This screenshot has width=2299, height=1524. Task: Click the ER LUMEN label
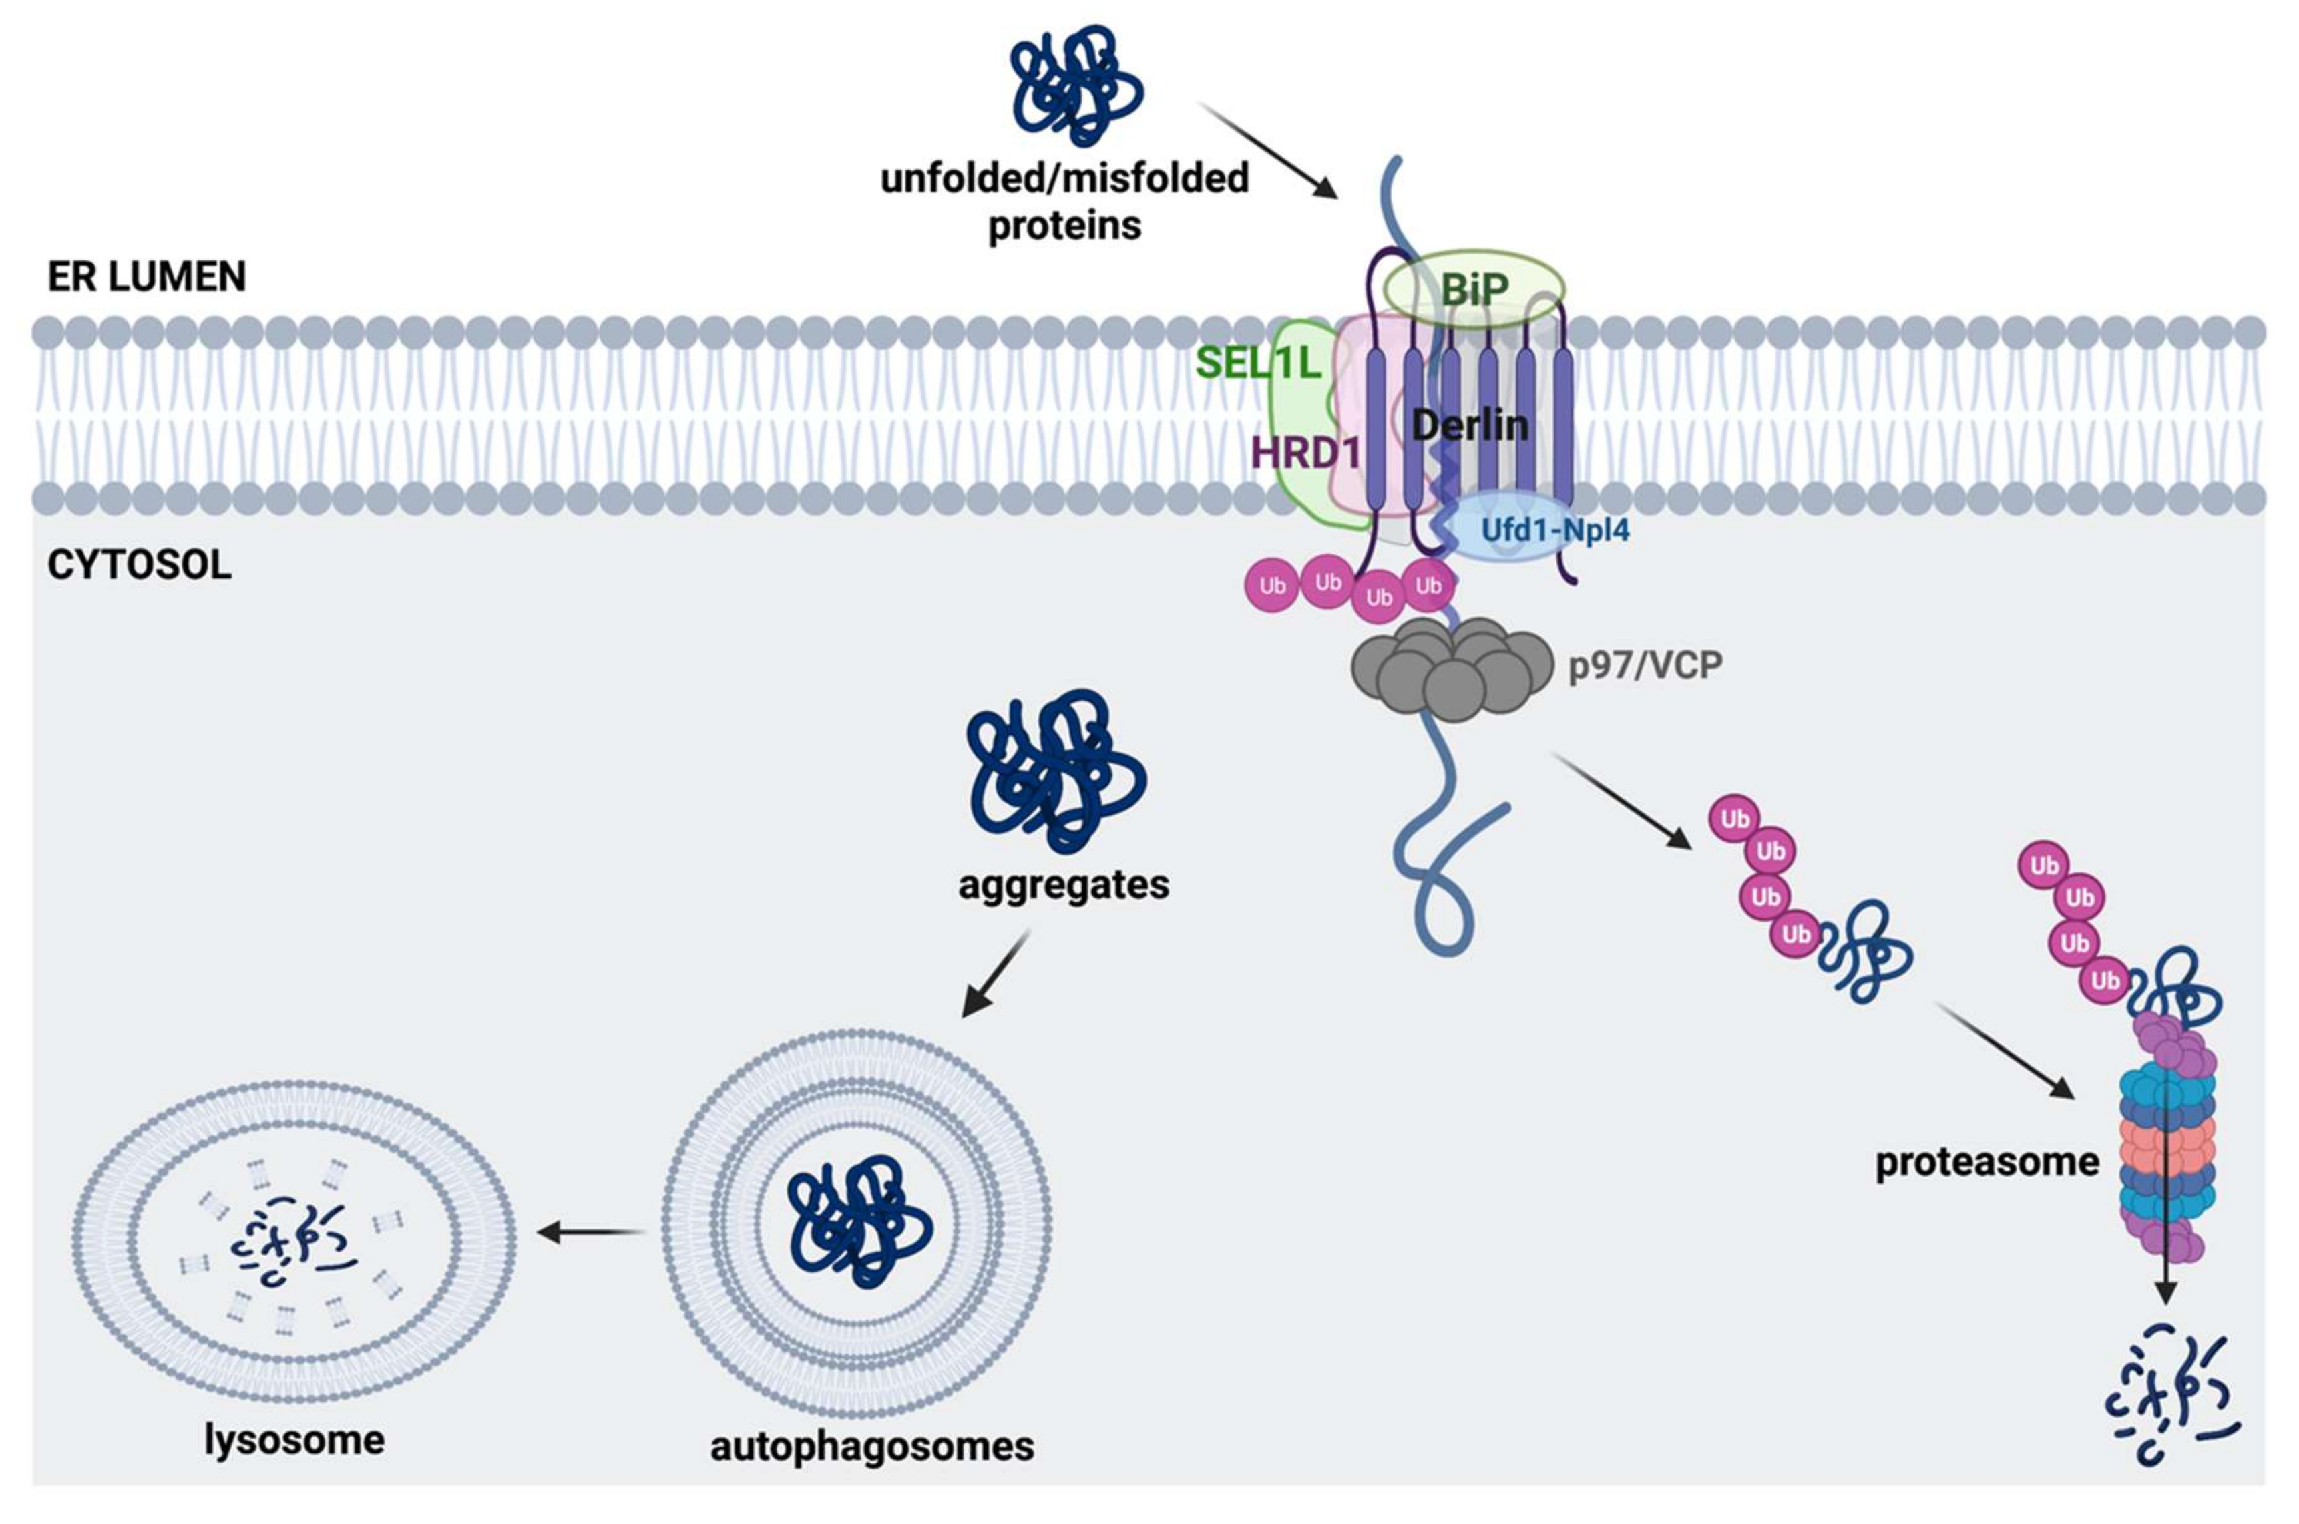147,277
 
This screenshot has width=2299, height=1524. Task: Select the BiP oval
1473,289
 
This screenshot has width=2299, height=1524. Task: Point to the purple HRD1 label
1306,452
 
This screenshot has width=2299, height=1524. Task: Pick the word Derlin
1469,425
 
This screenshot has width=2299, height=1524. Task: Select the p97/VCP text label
1645,666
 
